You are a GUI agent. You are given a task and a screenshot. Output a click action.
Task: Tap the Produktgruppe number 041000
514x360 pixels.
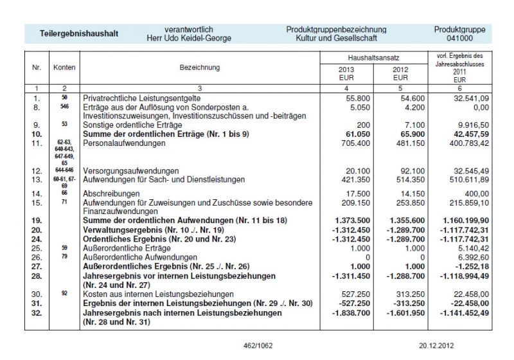459,39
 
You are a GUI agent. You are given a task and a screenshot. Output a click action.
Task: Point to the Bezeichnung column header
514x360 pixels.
200,67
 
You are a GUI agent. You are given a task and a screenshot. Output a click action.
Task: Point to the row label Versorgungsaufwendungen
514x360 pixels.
130,170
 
